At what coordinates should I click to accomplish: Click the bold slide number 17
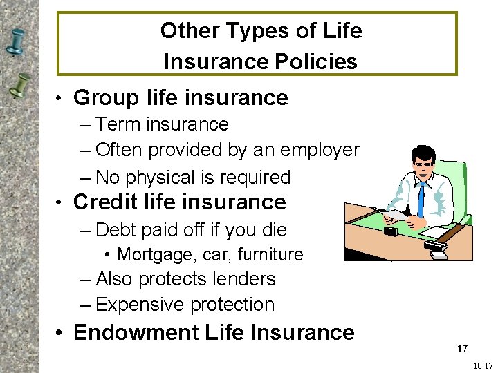tap(462, 349)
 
